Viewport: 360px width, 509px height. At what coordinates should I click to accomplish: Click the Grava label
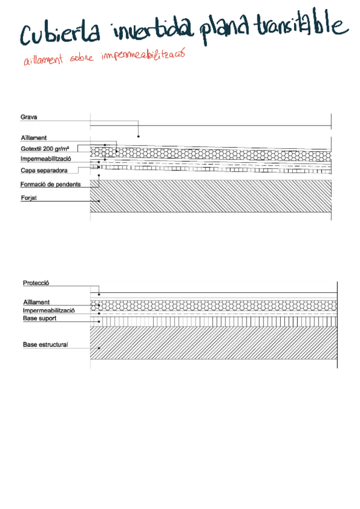pos(29,117)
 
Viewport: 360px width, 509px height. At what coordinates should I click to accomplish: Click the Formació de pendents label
pos(50,184)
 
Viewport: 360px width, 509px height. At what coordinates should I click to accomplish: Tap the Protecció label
pos(35,283)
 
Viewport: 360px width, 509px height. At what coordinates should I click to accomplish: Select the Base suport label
pos(40,318)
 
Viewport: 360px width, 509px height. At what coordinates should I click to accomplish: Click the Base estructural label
pos(45,345)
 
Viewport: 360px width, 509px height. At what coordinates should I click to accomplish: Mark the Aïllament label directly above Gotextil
pos(34,137)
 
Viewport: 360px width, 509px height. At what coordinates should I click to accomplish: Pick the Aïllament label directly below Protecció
pos(36,302)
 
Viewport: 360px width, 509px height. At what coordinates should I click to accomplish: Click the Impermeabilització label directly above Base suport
pos(48,310)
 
